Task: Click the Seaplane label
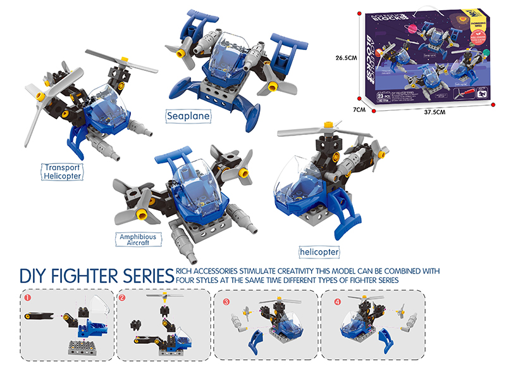[187, 116]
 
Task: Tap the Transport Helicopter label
[63, 172]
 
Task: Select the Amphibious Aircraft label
[137, 239]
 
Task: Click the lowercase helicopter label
[319, 251]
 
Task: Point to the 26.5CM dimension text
[348, 58]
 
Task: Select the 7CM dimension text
[360, 109]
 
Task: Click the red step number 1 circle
[27, 296]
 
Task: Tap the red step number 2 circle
[123, 296]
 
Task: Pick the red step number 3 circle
[226, 301]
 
